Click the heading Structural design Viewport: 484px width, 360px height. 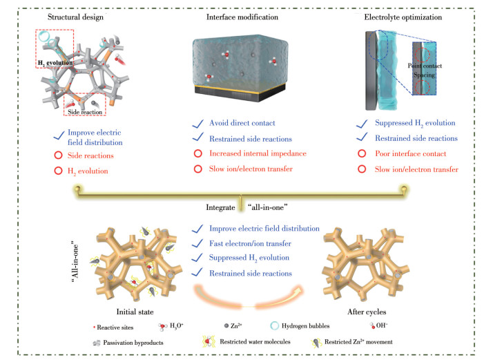[x=75, y=17]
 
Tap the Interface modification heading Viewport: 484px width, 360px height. [x=242, y=17]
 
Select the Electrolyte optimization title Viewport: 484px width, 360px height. [x=403, y=17]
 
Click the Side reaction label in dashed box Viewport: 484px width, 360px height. [x=85, y=112]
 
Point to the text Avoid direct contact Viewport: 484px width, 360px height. [x=242, y=123]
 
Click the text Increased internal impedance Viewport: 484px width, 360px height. [x=258, y=153]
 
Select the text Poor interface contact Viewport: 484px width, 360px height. [x=411, y=153]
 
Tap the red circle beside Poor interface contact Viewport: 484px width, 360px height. [x=362, y=153]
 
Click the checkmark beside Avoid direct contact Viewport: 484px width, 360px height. [x=198, y=124]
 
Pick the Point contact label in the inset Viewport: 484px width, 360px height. [x=425, y=66]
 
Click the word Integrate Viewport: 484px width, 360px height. [x=220, y=207]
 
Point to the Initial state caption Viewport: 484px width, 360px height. [x=135, y=312]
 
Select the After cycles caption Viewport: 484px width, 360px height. [x=367, y=312]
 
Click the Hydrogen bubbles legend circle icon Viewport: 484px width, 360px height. [x=274, y=325]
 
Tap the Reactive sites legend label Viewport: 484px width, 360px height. [x=115, y=328]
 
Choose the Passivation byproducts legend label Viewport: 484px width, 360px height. [x=133, y=343]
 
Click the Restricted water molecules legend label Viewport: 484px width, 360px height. [x=255, y=342]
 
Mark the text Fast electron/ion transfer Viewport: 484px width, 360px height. [x=250, y=243]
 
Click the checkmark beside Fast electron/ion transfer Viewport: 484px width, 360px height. [x=197, y=243]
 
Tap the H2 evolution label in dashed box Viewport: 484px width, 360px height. [x=55, y=63]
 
